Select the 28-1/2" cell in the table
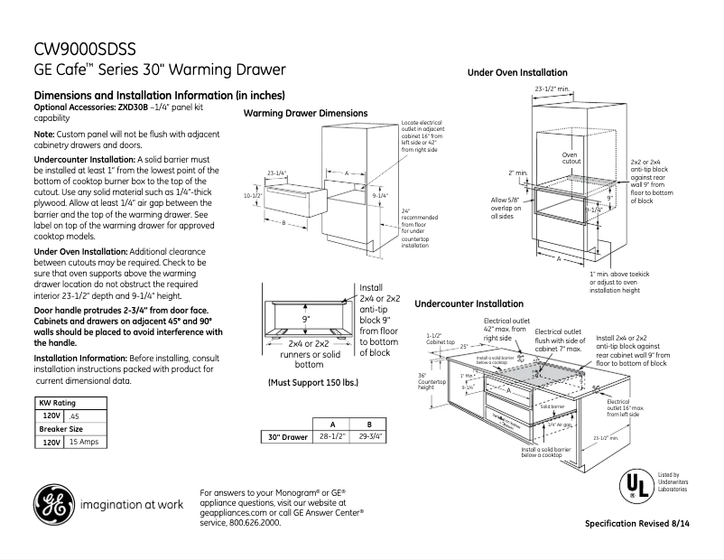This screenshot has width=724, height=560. [333, 437]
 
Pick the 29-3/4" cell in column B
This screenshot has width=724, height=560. [367, 437]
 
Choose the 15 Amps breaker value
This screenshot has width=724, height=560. [85, 443]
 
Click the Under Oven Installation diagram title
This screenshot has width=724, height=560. [517, 72]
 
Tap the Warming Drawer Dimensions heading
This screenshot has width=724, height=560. [305, 113]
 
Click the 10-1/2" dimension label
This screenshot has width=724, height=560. [253, 195]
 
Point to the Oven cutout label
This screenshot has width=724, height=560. [570, 159]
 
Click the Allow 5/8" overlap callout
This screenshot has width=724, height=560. [506, 208]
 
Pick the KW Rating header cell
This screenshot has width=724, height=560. [56, 403]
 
